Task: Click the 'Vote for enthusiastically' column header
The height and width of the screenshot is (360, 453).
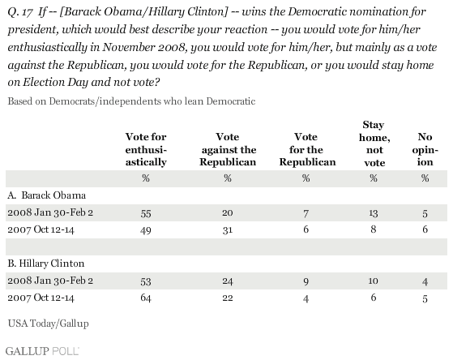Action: (x=146, y=149)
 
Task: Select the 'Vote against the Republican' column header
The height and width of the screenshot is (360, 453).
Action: (x=228, y=149)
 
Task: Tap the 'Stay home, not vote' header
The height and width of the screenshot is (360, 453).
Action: (x=374, y=144)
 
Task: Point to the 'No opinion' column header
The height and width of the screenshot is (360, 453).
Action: (x=425, y=149)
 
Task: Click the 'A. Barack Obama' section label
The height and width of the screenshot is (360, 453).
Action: (x=47, y=195)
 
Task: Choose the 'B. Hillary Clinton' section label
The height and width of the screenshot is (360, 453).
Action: (x=46, y=264)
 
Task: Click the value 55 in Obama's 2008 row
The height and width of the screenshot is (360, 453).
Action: (x=146, y=213)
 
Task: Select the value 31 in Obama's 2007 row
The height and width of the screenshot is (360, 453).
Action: (x=228, y=230)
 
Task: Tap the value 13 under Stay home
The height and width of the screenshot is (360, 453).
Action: (x=374, y=213)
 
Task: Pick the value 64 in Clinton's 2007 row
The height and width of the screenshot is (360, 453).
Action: (x=146, y=298)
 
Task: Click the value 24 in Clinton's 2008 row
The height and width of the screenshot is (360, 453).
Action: (x=228, y=281)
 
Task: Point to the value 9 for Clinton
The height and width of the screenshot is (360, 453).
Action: (x=306, y=281)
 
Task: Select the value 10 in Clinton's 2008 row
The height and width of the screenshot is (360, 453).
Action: (x=374, y=281)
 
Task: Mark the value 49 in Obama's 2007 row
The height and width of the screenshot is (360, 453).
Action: (x=146, y=230)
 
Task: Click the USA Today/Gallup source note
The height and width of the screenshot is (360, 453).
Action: (x=49, y=324)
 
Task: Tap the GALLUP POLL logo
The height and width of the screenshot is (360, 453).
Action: (x=42, y=351)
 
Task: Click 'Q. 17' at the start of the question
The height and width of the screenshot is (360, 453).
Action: (x=19, y=12)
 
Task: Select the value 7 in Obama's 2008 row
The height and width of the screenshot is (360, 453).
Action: (x=306, y=213)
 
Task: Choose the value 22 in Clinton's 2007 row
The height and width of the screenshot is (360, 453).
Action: (x=228, y=298)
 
